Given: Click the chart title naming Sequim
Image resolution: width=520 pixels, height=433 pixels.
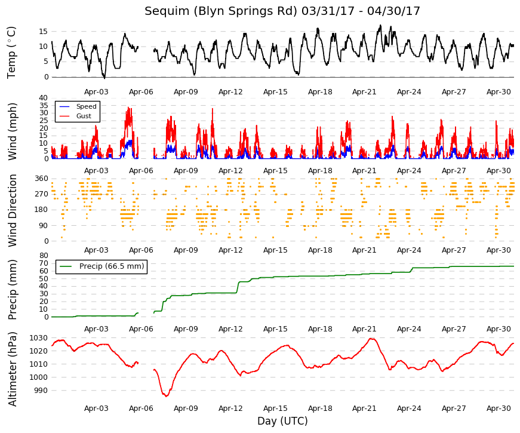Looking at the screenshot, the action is point(282,11).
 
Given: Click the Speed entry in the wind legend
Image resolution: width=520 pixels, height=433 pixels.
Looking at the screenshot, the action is point(86,106).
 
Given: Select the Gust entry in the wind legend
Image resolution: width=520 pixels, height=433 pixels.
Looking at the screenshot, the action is point(84,116).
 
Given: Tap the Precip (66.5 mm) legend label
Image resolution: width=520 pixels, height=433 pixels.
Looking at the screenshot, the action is point(112,266).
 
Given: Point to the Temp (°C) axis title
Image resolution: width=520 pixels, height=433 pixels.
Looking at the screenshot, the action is point(11,53).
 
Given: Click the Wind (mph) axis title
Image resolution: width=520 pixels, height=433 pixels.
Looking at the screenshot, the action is point(13,132).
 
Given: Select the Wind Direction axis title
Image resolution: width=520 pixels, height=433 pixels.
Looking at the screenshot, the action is point(13,210).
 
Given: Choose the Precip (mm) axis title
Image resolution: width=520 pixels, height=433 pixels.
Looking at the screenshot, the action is point(13,290).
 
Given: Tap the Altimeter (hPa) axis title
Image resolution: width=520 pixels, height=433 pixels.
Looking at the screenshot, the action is point(13,369).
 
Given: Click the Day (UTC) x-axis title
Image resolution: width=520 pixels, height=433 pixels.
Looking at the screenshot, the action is point(282,421).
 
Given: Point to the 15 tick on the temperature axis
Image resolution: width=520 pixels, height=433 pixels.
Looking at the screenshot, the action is point(44,32).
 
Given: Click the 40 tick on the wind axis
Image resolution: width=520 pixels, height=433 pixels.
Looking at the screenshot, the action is point(44,98).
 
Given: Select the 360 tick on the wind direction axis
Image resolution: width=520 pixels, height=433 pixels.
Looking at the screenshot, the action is point(42,179).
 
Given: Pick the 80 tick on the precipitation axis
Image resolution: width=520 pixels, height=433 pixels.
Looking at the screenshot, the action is point(44,256).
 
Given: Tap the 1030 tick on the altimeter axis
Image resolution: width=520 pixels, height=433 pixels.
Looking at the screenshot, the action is point(39,338).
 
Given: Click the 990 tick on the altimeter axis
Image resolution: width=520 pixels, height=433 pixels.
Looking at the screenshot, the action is point(41,391).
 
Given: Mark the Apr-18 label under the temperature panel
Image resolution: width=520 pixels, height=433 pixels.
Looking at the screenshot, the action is point(320,92).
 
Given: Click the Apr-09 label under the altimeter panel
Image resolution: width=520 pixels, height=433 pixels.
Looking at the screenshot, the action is point(186,409).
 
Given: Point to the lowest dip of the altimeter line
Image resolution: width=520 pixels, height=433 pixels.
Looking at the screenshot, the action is point(167,396).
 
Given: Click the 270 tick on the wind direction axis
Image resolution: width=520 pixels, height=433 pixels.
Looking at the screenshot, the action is point(42,194).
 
